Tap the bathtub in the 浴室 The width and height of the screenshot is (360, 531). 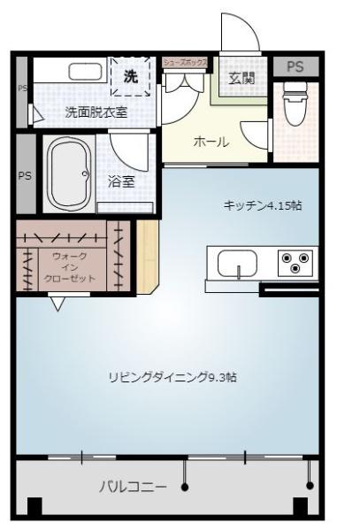67,173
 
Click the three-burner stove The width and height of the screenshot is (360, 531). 294,262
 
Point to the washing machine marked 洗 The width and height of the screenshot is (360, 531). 131,77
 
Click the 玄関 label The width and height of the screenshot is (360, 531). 241,78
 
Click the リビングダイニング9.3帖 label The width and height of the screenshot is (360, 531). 172,377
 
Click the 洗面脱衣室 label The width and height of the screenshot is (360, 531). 96,112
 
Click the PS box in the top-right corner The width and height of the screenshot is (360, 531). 294,67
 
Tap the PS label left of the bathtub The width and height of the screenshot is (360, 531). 25,175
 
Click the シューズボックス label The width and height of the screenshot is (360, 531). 185,63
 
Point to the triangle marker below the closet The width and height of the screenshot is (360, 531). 58,304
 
